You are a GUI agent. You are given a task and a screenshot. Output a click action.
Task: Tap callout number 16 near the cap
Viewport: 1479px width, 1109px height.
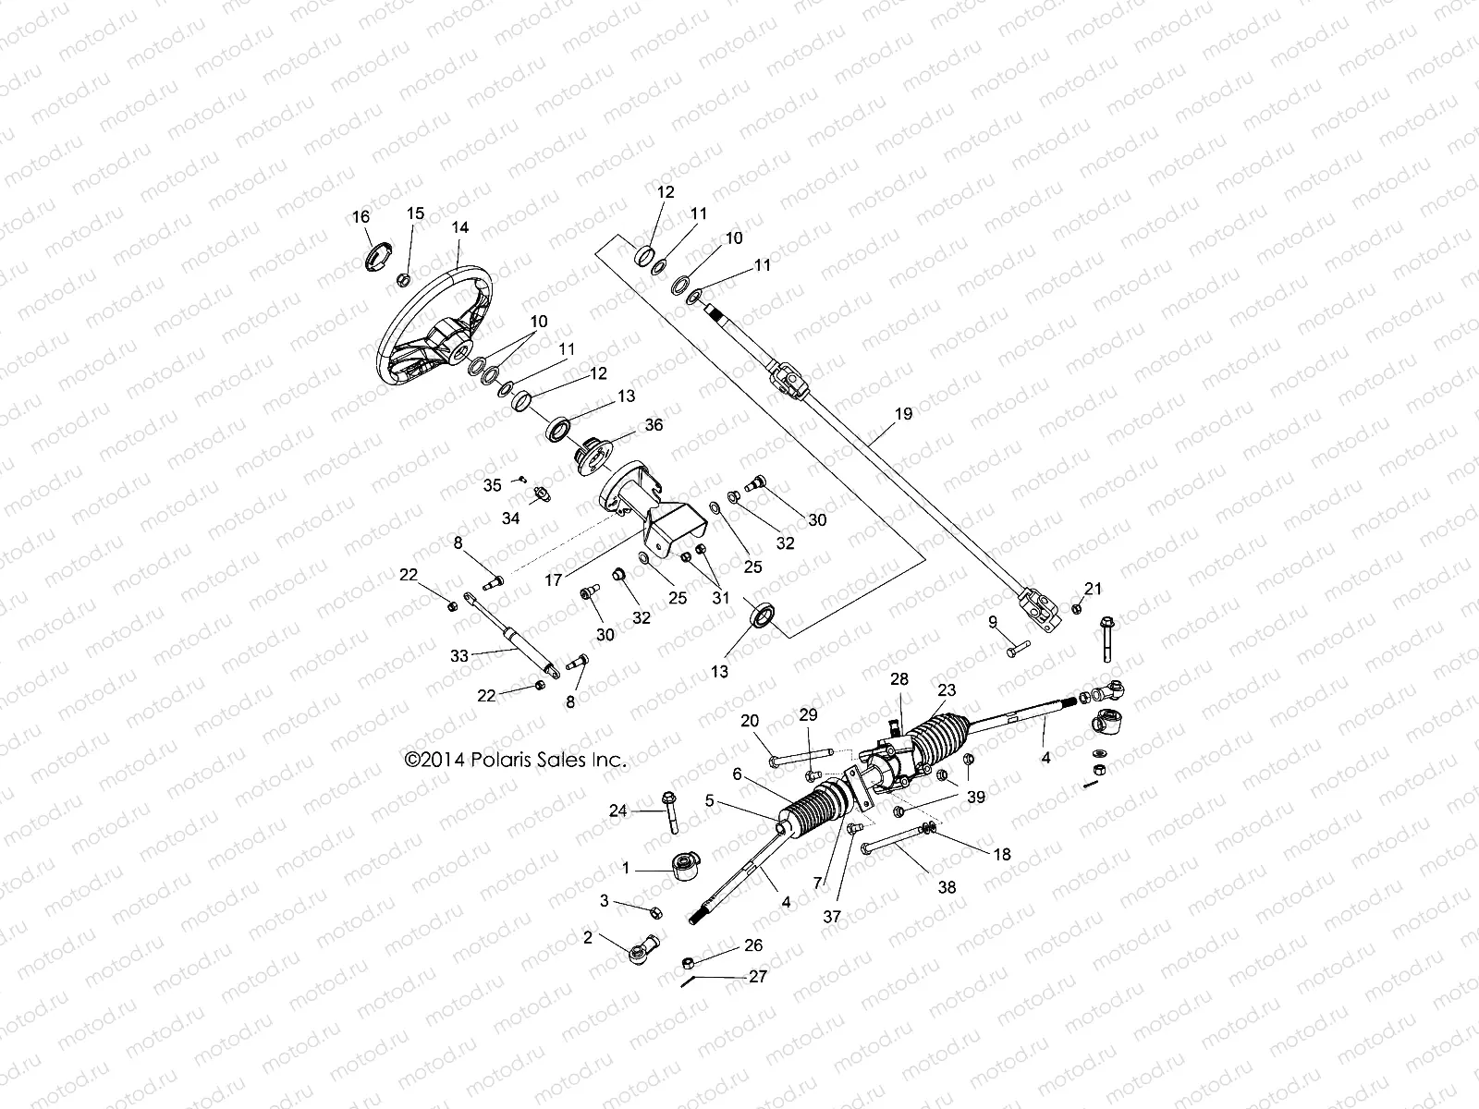click(x=361, y=216)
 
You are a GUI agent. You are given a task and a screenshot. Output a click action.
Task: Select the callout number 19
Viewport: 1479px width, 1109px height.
click(x=903, y=413)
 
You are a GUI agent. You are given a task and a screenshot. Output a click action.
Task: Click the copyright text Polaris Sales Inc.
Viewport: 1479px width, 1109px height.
click(x=516, y=761)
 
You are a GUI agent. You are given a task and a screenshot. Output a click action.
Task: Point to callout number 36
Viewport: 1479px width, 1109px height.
click(x=654, y=425)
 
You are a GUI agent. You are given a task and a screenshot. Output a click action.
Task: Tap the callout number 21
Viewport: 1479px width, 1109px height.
click(x=1094, y=589)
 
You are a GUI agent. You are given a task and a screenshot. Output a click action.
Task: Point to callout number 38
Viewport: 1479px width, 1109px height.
click(x=947, y=887)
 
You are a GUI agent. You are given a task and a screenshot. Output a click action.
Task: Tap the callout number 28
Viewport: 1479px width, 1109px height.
click(x=898, y=679)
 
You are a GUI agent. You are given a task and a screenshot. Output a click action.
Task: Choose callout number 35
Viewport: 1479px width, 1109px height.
click(x=493, y=484)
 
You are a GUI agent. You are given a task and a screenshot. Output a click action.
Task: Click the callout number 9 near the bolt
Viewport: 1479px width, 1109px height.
click(x=992, y=621)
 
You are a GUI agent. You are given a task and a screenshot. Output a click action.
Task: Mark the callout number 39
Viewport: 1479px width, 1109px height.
click(x=975, y=797)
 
